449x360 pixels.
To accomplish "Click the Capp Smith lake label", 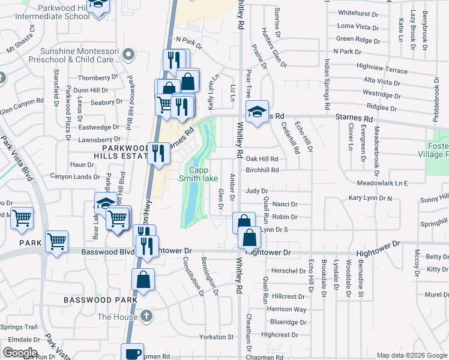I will (198, 173).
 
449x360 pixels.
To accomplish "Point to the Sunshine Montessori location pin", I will (127, 55).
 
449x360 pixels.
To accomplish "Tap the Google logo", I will (20, 353).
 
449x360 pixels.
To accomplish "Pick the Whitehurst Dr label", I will (357, 13).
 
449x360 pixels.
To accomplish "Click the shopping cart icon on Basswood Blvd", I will (56, 241).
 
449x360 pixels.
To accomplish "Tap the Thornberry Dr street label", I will (98, 77).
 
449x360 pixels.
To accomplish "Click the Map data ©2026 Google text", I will (411, 355).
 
